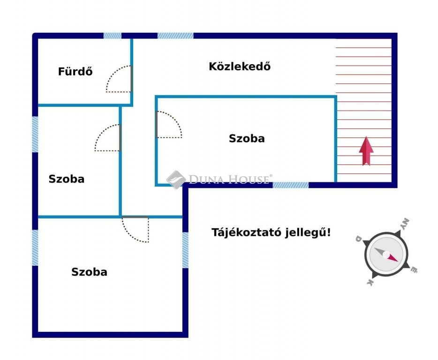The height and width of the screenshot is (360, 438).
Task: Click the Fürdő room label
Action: [75, 72]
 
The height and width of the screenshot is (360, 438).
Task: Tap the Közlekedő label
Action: [240, 67]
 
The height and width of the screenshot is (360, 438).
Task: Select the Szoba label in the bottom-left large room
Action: [89, 272]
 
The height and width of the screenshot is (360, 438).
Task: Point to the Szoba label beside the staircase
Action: [247, 139]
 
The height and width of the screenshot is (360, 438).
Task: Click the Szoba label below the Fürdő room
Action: [67, 179]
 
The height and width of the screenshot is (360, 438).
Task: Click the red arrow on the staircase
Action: [366, 151]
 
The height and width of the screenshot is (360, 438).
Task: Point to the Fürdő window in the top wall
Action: [113, 36]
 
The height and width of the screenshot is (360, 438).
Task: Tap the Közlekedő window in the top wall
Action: [175, 36]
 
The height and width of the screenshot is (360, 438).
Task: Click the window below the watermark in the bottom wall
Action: [290, 185]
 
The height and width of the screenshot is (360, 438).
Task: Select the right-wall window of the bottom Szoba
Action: [185, 250]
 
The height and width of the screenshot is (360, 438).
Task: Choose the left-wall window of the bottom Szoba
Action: [35, 247]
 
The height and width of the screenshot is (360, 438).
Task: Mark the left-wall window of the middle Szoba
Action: [35, 135]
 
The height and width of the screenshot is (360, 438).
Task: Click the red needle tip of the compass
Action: [398, 262]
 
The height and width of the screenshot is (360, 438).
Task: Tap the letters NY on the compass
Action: [405, 224]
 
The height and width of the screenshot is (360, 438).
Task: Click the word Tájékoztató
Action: [246, 232]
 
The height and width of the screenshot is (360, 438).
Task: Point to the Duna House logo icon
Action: [176, 180]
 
